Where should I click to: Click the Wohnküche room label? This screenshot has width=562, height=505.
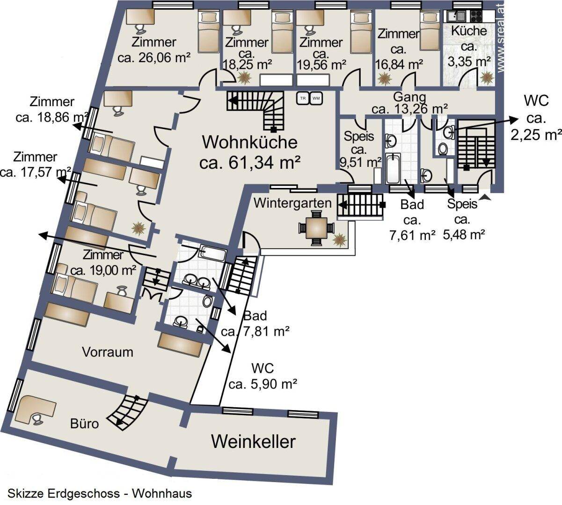coord(249,141)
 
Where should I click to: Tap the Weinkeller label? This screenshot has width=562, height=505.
coord(254,441)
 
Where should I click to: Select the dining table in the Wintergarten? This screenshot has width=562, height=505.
coord(317,228)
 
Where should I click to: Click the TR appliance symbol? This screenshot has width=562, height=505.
coord(303,98)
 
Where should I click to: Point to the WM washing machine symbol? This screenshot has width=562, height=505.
coord(316,98)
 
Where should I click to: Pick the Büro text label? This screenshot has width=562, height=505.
coord(85,424)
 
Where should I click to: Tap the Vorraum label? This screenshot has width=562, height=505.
coord(108,352)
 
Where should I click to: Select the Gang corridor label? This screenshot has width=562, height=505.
coord(409,97)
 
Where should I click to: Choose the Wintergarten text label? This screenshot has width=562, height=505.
coord(293,203)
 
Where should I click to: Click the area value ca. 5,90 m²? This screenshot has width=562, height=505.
coord(263,384)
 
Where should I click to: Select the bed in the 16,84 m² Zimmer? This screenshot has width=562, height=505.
coord(427,31)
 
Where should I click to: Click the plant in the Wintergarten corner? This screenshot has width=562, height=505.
coord(339,239)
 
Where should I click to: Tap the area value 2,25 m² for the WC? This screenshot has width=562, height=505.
coord(535,135)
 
